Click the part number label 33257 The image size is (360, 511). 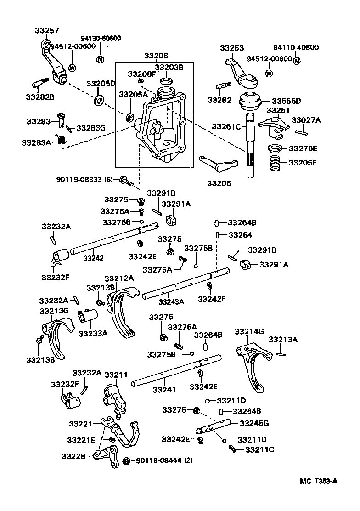pos(47,31)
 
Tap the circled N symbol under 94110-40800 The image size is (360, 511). pos(297,61)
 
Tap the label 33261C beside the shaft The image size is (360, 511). pos(226,126)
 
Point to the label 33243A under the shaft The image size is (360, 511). pos(171,302)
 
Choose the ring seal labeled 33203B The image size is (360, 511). pos(166,81)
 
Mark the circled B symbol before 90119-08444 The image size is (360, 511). pos(127,461)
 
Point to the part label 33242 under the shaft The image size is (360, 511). pos(93,258)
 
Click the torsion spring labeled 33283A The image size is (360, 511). pos(60,140)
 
